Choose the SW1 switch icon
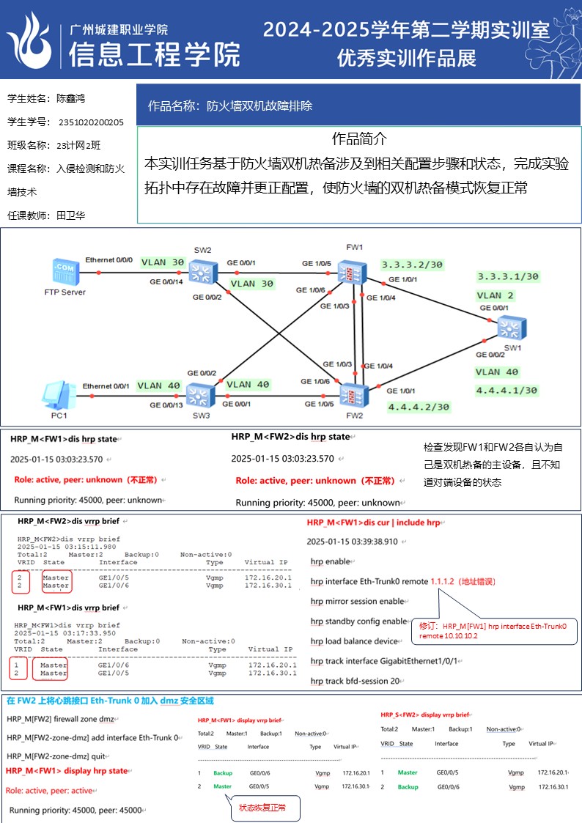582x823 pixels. [511, 326]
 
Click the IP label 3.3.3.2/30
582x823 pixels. [411, 265]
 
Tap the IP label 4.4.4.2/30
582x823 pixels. [419, 407]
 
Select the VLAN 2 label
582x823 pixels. [496, 295]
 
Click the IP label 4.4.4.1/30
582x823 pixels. [507, 391]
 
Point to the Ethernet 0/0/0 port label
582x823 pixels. [109, 260]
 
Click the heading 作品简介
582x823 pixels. [359, 139]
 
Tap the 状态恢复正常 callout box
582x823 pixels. [263, 808]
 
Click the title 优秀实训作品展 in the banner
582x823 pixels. [406, 58]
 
